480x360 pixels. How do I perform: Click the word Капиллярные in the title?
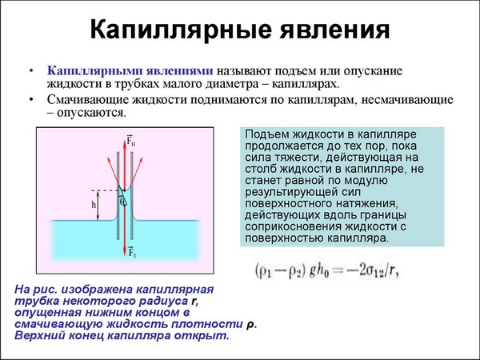point(181,31)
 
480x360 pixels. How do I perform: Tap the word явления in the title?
point(334,30)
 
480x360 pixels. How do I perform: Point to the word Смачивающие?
point(87,100)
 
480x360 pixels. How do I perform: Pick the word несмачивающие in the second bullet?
point(407,100)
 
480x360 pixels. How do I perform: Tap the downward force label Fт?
point(132,252)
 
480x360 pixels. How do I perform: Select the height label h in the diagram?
point(94,205)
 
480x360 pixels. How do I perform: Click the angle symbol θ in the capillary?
point(122,201)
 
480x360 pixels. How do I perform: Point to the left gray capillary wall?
point(118,196)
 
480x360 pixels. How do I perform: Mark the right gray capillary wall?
point(132,196)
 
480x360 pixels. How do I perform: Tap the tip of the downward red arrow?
point(125,256)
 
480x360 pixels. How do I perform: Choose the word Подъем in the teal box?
point(267,134)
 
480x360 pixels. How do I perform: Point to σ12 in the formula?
point(373,271)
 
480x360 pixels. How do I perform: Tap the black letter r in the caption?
point(193,302)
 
